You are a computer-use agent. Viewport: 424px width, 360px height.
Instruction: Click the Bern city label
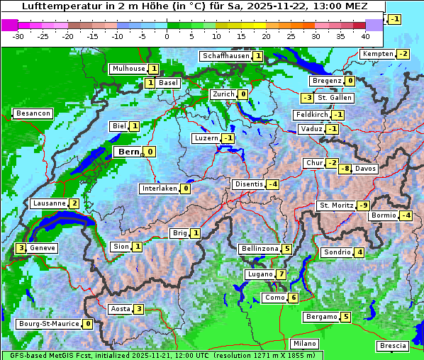point(128,152)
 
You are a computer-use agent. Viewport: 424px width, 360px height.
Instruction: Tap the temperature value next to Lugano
point(281,274)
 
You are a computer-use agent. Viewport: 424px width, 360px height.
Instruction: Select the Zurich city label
point(223,94)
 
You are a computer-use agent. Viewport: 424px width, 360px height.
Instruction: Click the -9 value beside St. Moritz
point(363,206)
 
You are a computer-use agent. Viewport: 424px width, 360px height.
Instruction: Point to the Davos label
point(366,169)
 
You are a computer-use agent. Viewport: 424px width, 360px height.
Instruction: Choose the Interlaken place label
point(159,189)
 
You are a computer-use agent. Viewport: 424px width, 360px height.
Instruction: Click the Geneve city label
point(43,248)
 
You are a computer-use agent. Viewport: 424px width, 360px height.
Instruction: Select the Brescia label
point(393,345)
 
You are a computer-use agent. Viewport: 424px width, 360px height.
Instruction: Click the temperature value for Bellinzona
point(286,249)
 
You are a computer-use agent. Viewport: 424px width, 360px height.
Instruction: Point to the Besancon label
point(33,113)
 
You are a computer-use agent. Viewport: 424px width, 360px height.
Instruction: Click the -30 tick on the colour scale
point(19,36)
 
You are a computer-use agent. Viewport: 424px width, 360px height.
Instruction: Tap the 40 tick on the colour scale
point(365,36)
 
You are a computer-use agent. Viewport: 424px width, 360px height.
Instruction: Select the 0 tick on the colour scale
point(167,36)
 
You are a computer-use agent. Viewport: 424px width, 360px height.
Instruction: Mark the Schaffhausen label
point(225,55)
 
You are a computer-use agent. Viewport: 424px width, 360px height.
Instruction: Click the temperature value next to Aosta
point(139,309)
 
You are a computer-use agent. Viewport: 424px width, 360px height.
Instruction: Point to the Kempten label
point(378,54)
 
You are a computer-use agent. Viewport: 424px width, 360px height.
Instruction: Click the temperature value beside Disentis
point(272,184)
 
